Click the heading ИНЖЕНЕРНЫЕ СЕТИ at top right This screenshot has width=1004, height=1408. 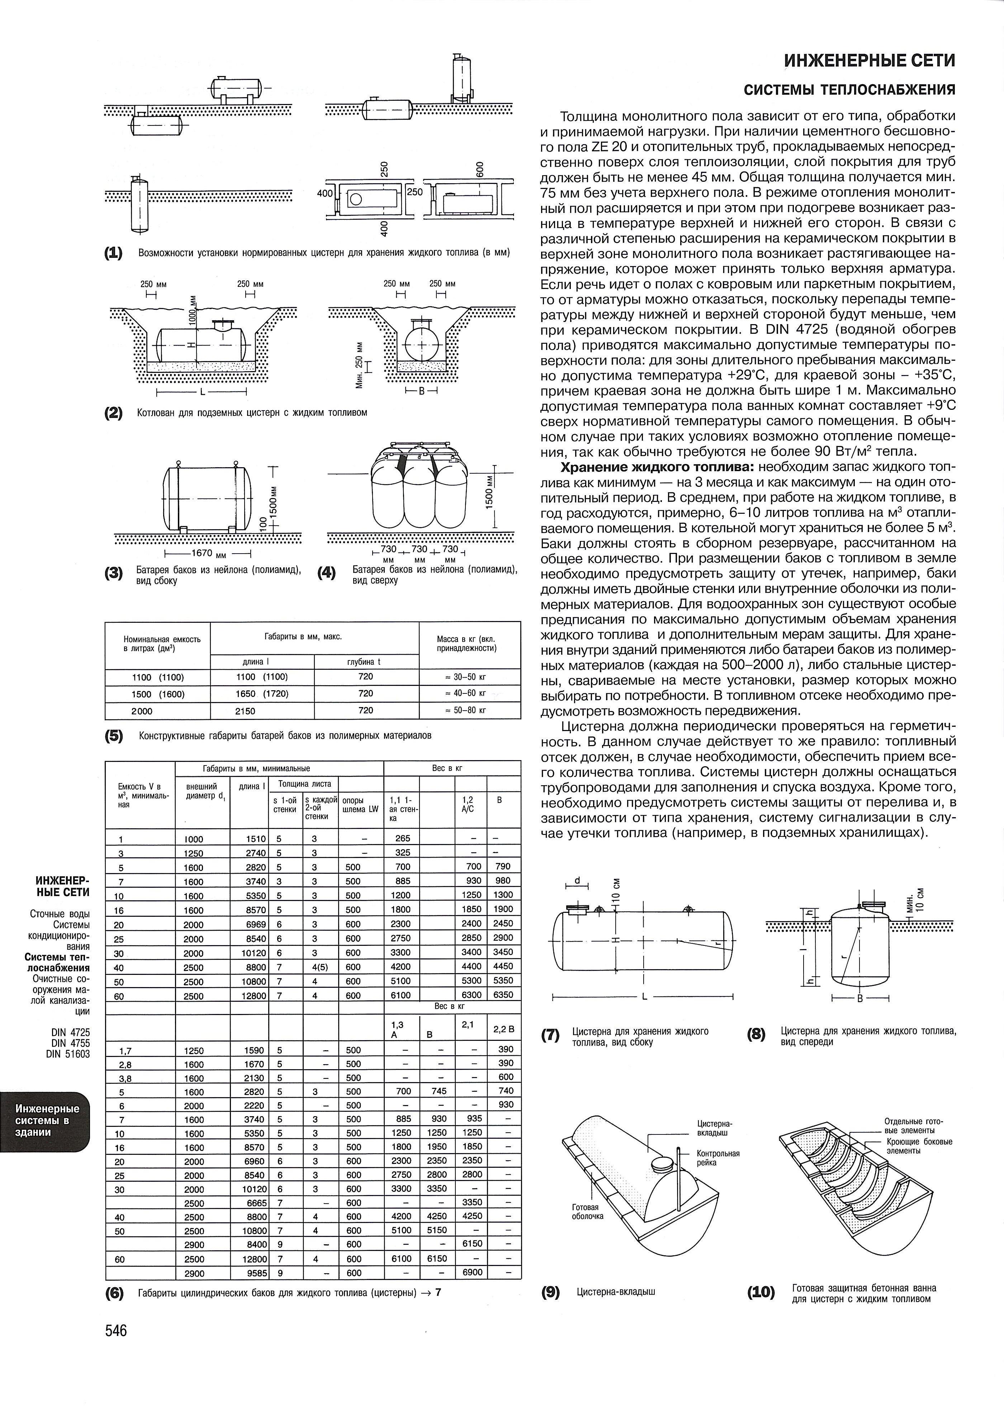pyautogui.click(x=870, y=61)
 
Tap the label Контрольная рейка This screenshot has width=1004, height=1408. pyautogui.click(x=718, y=1158)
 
